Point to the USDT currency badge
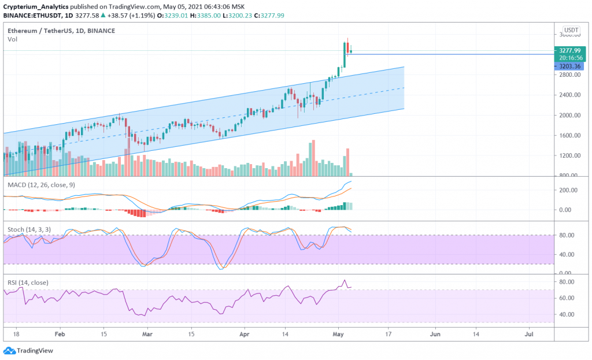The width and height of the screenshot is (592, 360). click(571, 30)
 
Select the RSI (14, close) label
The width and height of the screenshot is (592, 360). click(28, 283)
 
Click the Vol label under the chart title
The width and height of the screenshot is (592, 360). click(12, 39)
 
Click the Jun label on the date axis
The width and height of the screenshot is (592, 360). click(435, 334)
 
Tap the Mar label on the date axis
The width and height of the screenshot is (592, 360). click(147, 334)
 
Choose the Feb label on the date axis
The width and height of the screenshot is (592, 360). click(60, 334)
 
